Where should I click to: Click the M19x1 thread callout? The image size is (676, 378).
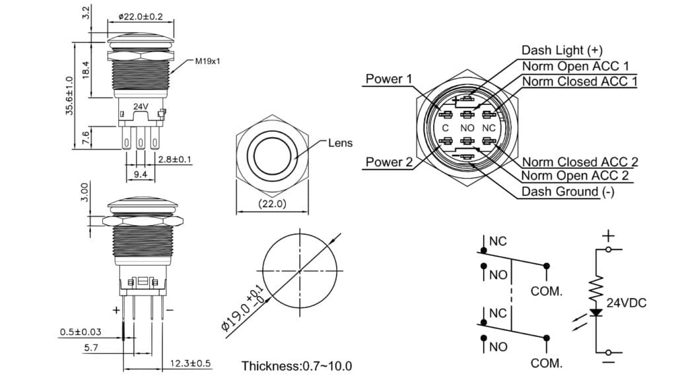tap(207, 61)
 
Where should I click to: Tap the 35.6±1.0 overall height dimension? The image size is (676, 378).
tap(69, 95)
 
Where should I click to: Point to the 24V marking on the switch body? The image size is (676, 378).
tap(140, 106)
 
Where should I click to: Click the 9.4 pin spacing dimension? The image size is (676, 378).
tap(139, 175)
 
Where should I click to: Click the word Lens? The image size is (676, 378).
tap(340, 142)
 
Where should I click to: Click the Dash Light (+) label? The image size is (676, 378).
tap(562, 50)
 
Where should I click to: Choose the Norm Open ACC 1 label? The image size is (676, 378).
tap(575, 66)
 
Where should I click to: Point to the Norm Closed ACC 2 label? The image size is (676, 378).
tap(580, 162)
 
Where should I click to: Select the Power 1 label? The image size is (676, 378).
tap(389, 79)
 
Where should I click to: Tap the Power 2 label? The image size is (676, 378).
tap(389, 162)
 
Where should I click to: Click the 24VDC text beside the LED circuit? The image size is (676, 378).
tap(626, 303)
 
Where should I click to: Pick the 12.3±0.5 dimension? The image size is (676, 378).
tap(190, 363)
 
